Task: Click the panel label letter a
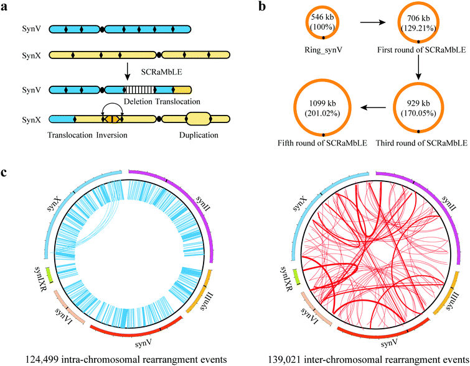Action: tap(6, 7)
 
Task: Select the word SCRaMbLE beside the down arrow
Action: tap(156, 74)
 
